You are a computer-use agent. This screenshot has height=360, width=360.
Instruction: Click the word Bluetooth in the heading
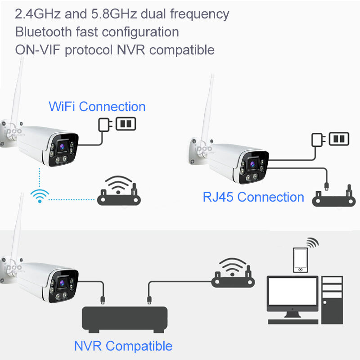coord(43,31)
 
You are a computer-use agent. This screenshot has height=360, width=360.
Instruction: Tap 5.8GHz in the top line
coord(114,14)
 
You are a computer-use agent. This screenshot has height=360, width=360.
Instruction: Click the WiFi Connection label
coord(97,107)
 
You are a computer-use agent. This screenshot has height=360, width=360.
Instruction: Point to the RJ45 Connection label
coord(253,197)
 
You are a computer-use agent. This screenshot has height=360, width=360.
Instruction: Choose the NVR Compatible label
coord(123,346)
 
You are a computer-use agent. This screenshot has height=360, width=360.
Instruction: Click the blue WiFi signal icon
coord(40,196)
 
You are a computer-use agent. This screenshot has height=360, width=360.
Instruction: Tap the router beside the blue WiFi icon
coord(119,191)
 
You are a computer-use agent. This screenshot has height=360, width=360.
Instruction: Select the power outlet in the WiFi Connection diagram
coord(126,124)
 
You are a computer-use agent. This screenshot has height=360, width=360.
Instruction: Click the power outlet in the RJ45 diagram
coord(339,139)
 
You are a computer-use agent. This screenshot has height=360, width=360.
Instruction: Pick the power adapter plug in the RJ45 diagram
coord(318,140)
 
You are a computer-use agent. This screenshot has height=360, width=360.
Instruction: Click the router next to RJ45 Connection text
coord(333,196)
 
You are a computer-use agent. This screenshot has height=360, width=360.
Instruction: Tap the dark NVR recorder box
coord(125,319)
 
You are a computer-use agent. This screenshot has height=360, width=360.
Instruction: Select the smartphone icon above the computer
coord(301,260)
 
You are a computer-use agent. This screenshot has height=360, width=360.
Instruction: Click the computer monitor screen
coord(292,291)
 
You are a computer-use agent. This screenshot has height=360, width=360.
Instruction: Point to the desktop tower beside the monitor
coord(332,300)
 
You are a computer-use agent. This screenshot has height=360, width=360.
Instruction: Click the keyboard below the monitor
coord(293,322)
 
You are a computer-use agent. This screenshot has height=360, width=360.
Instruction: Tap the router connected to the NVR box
coord(233,273)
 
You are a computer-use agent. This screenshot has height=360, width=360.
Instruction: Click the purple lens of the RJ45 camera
coord(252,164)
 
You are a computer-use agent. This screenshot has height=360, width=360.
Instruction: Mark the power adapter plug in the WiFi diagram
coord(105,125)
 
